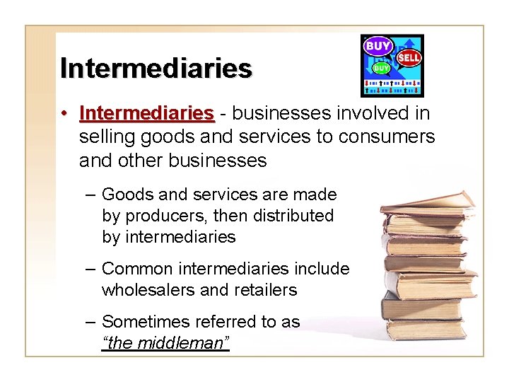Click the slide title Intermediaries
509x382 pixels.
[x=156, y=69]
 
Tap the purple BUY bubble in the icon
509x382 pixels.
[x=378, y=47]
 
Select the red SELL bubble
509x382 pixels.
[x=409, y=58]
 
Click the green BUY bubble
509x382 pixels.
[x=381, y=68]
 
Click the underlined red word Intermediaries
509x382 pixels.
[x=147, y=113]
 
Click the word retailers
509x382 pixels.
[x=264, y=290]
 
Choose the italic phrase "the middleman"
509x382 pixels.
[x=166, y=344]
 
